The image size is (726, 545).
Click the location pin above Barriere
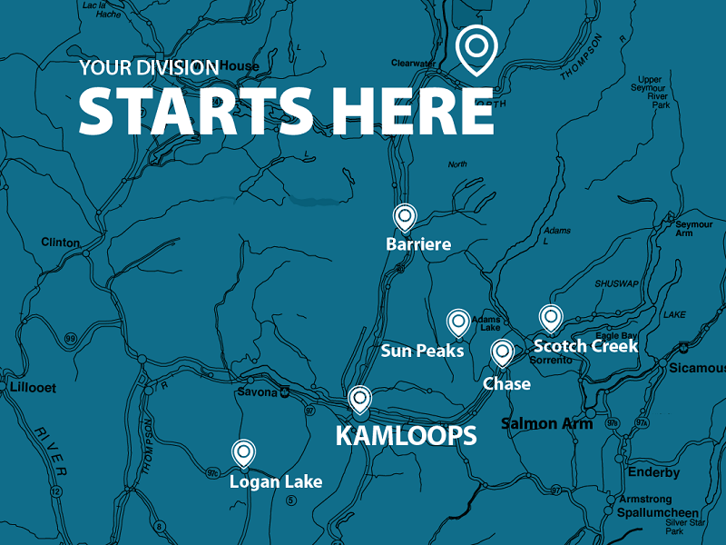click(x=404, y=217)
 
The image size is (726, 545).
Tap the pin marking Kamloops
click(x=360, y=399)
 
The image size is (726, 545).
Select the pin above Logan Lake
click(x=242, y=452)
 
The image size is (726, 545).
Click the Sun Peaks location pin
click(x=458, y=322)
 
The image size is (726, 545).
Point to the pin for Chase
click(x=502, y=352)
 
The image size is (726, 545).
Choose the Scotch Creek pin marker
click(x=549, y=317)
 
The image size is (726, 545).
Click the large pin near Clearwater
click(x=476, y=47)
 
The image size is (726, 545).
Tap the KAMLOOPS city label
click(x=406, y=436)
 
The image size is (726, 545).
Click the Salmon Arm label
click(x=546, y=423)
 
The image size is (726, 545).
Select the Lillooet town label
click(x=33, y=388)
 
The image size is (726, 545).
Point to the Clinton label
click(x=61, y=243)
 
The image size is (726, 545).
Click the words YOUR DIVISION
click(x=148, y=67)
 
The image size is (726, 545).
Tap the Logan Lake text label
click(x=276, y=481)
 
